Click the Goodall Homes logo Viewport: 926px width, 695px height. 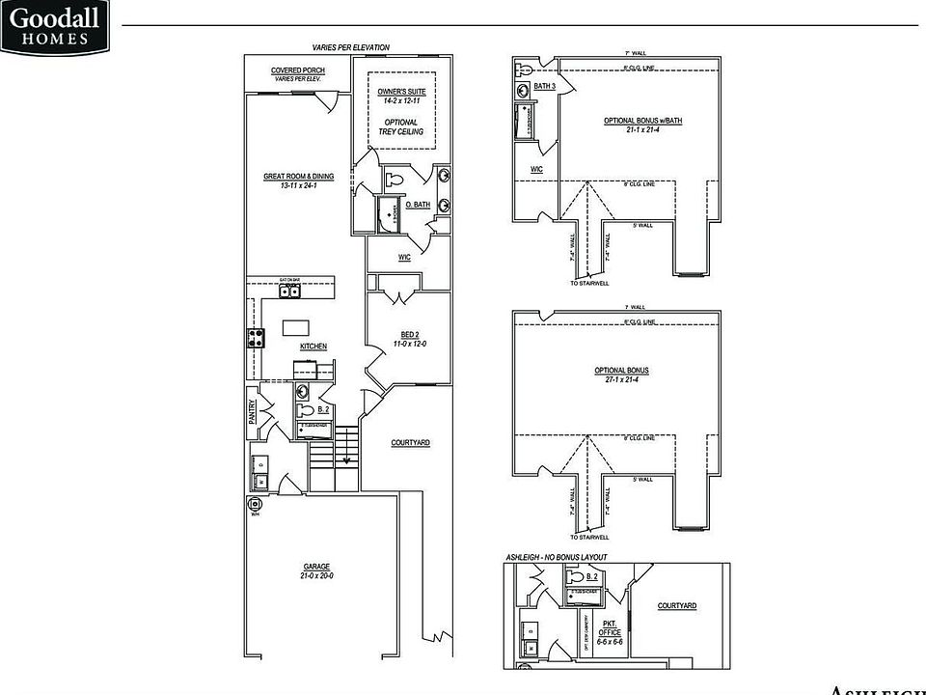tap(55, 26)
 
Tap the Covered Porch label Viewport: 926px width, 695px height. tap(297, 70)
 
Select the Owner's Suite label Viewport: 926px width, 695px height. tap(401, 92)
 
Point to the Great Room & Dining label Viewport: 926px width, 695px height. tap(299, 177)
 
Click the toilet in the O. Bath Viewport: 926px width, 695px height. tap(395, 180)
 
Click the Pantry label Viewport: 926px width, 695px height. tap(253, 412)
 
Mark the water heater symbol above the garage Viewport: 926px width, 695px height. tap(256, 505)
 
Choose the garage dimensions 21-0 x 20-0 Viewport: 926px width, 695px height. tap(316, 576)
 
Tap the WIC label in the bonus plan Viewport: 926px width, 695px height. tap(536, 169)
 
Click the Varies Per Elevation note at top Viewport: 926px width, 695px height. tap(350, 46)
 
